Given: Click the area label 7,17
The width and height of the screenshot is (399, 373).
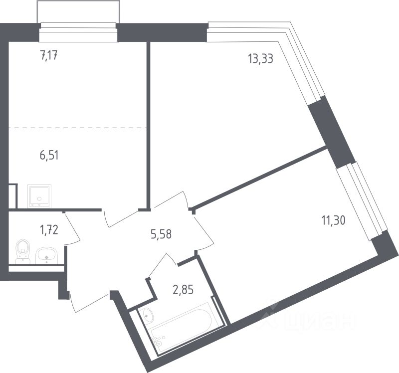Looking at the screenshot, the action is click(x=49, y=55).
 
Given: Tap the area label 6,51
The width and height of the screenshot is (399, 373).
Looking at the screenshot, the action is click(x=49, y=155).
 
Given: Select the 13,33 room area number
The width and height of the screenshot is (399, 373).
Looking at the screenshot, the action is click(x=261, y=58).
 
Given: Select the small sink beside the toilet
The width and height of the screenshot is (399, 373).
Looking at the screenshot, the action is click(x=48, y=256).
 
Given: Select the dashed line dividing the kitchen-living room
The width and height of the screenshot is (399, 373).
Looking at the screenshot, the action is click(x=77, y=128).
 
